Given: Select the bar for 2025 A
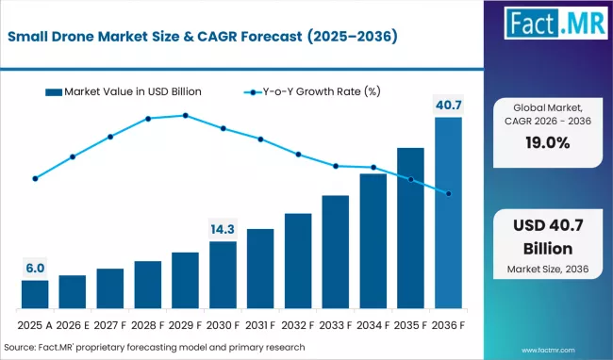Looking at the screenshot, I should click(35, 294).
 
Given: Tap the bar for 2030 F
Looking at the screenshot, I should click(223, 275).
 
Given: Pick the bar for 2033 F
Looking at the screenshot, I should click(336, 252).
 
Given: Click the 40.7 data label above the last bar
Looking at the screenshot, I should click(448, 104).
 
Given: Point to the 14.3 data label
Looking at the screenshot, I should click(223, 228).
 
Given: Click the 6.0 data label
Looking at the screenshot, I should click(35, 268).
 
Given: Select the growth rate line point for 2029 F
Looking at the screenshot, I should click(185, 116).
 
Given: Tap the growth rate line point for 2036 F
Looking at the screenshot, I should click(448, 193).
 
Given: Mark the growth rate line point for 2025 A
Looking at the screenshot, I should click(35, 178).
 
